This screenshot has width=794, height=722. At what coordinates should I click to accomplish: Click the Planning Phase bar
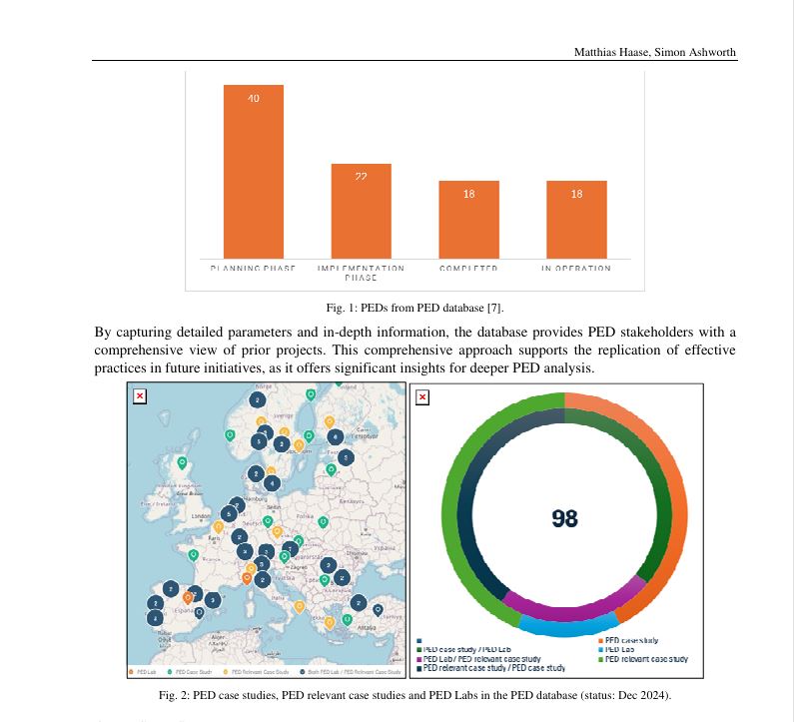253,171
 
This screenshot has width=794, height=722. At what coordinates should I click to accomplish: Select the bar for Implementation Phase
361,211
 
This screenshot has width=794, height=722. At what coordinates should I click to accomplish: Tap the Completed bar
468,219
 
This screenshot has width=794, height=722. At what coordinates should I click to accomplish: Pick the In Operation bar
576,219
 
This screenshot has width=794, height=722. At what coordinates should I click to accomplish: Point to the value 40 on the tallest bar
253,98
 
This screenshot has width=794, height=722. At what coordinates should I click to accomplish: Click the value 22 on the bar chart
361,177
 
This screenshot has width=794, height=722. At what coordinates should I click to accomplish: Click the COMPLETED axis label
468,269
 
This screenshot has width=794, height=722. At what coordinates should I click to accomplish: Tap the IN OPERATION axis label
576,269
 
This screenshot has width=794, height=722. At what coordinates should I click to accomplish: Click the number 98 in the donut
565,517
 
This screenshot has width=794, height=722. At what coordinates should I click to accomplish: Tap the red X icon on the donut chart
422,397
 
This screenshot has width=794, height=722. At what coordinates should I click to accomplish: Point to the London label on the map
200,516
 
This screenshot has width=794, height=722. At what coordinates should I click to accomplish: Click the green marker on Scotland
182,462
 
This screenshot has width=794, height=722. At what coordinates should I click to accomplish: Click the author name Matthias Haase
607,52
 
